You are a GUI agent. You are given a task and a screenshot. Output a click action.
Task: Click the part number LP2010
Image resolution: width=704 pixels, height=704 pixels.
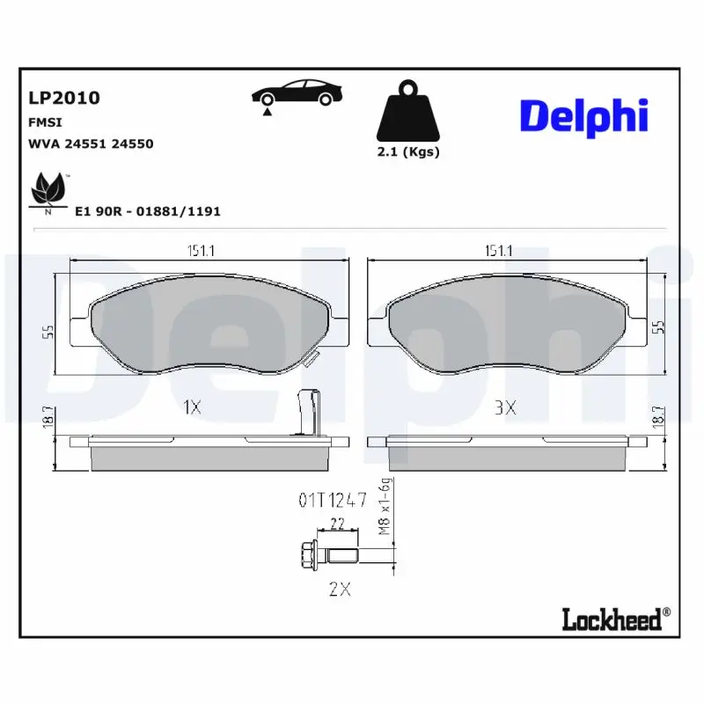tap(64, 98)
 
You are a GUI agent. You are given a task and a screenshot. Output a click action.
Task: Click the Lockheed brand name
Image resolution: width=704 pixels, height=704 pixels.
tap(611, 620)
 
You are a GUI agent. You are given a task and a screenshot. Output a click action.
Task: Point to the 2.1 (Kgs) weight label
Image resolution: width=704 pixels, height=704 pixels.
tap(407, 151)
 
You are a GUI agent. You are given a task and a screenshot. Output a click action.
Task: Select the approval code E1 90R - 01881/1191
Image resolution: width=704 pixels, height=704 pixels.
tap(147, 211)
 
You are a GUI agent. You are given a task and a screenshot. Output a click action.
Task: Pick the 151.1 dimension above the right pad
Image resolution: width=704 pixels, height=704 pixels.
tap(498, 251)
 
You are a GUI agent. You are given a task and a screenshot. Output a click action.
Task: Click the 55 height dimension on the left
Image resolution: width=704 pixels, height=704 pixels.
tap(49, 331)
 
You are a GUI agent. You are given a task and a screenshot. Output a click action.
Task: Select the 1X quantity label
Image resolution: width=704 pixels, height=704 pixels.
tap(192, 407)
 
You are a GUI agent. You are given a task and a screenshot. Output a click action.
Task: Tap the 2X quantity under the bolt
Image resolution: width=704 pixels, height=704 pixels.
tap(339, 590)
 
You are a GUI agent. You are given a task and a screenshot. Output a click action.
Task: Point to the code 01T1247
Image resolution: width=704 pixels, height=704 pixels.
tap(331, 502)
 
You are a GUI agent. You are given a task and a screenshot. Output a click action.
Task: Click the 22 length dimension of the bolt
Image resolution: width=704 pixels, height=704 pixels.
tap(337, 524)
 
